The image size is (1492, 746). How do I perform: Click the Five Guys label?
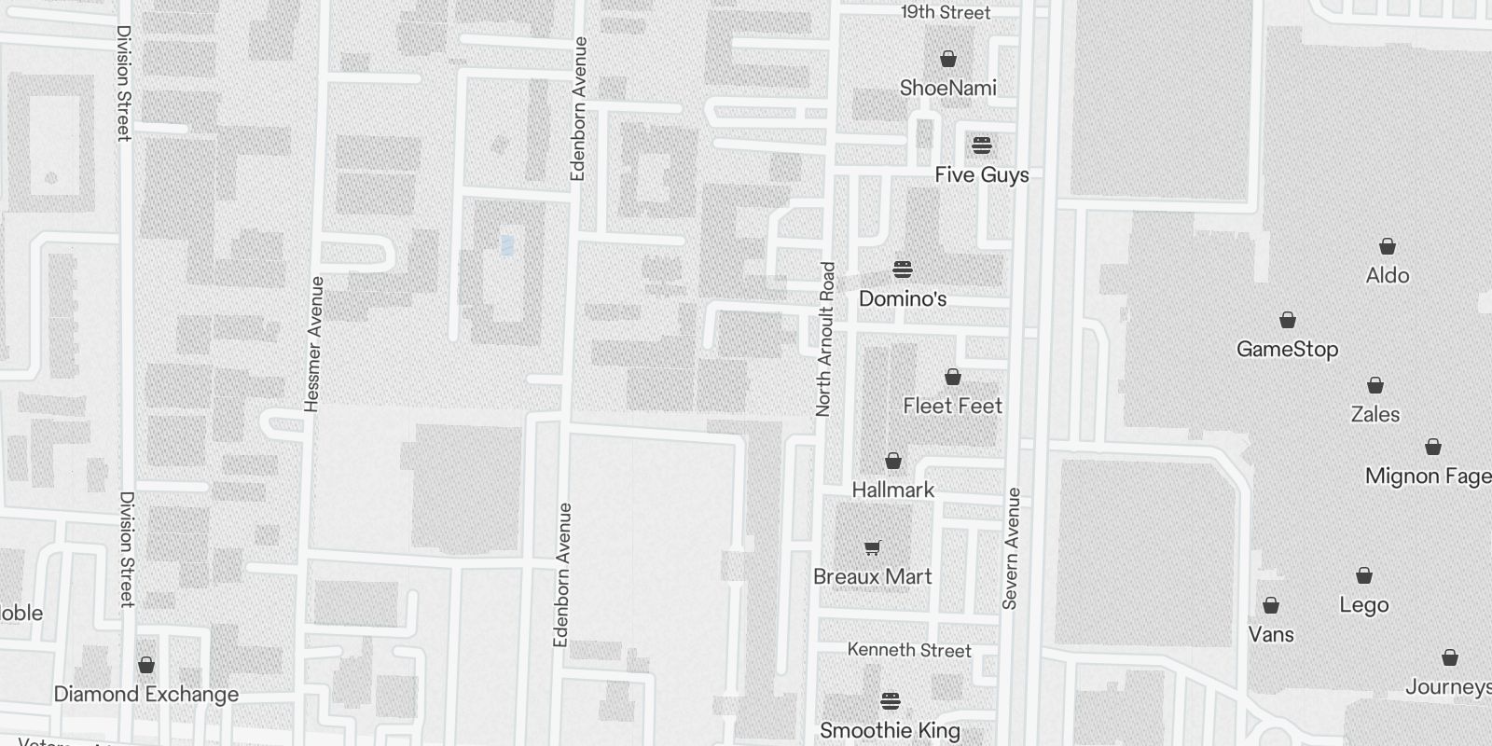tap(982, 175)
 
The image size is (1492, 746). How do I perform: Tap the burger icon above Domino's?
tap(902, 270)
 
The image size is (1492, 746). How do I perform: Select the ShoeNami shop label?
tap(947, 89)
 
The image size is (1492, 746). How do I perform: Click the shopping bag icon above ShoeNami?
tap(948, 60)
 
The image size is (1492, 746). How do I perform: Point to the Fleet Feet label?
tap(952, 406)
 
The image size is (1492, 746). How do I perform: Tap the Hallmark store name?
tap(892, 490)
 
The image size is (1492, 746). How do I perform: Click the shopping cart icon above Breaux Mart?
tap(872, 548)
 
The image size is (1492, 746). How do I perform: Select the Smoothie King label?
tap(890, 730)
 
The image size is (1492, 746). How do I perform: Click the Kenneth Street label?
tap(909, 650)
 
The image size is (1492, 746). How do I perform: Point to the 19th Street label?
tap(946, 12)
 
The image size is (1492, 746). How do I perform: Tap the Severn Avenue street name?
tap(1012, 548)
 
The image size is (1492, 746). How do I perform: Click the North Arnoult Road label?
tap(824, 338)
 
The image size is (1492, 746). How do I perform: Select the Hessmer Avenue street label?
tap(314, 343)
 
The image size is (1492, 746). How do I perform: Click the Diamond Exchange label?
tap(146, 695)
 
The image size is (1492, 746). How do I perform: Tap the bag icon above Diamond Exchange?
tap(146, 665)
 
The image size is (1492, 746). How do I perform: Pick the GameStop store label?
tap(1287, 350)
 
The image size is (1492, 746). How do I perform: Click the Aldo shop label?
tap(1387, 276)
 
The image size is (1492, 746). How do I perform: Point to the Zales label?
tap(1375, 414)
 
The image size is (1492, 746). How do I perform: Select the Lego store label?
tap(1363, 605)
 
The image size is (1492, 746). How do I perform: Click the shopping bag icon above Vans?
tap(1270, 606)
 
